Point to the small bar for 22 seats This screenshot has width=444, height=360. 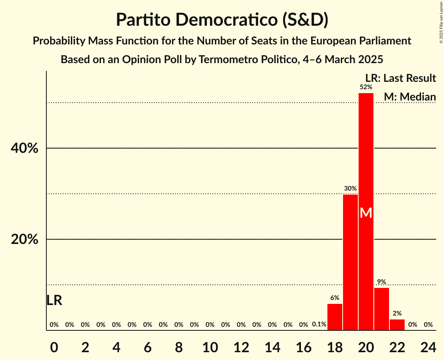397,325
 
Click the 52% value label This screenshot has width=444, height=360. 366,87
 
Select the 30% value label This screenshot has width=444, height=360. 350,189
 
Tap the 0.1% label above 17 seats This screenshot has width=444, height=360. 319,324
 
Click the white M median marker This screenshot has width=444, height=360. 366,213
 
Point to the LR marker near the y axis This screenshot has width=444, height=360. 54,300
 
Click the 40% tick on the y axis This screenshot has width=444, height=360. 25,148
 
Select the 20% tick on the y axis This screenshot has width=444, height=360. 25,240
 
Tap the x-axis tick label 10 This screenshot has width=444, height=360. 210,346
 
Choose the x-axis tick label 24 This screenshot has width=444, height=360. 428,346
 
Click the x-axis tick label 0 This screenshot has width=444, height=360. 54,346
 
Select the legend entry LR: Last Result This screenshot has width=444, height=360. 400,78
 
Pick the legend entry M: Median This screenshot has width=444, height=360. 409,97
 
